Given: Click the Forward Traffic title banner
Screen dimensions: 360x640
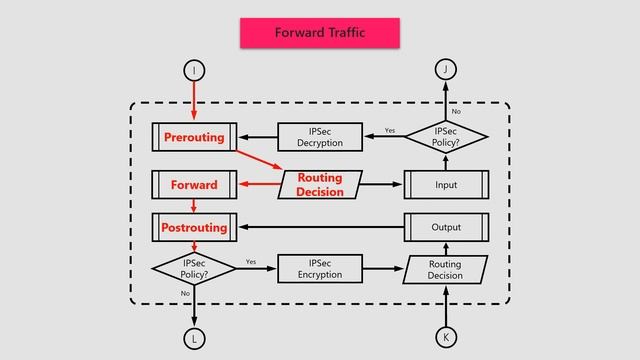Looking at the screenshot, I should point(319,33).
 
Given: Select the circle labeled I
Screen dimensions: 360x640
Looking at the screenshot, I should point(194,69).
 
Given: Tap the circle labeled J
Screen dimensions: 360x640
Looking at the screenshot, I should point(446,69).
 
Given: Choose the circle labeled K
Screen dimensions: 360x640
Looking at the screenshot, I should point(446,337).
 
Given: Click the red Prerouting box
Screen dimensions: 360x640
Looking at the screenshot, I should point(194,137).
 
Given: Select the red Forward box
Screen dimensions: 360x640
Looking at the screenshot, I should point(194,185).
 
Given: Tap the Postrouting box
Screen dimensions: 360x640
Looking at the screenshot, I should point(194,227).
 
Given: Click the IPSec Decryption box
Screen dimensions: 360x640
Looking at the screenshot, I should point(319,137).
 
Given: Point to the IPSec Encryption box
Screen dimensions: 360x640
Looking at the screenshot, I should point(319,269).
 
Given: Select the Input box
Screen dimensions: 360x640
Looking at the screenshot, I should point(446,185).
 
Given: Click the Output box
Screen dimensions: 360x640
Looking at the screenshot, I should point(446,227).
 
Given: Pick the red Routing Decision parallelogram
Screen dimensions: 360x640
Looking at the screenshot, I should point(319,185).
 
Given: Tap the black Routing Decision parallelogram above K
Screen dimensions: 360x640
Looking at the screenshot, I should point(445,269).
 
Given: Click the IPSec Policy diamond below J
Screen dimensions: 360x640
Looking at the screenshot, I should point(446,137).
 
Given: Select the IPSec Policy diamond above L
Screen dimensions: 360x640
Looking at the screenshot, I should point(194,269).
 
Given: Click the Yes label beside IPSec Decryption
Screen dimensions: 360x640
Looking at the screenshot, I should point(390,130).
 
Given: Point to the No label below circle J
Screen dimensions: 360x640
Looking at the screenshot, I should point(456,111).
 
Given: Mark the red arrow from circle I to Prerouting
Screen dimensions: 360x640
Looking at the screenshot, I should point(194,100).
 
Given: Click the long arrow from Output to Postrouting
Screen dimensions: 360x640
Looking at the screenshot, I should point(320,227).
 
